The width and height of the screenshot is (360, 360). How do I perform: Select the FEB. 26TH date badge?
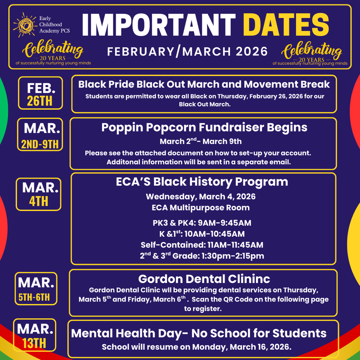click(x=40, y=93)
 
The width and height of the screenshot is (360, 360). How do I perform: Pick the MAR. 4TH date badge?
click(x=39, y=194)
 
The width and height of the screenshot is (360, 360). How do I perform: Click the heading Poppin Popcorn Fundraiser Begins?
click(x=204, y=127)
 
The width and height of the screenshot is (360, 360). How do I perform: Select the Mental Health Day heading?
click(x=199, y=333)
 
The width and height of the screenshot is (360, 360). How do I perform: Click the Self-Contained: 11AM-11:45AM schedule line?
click(x=202, y=245)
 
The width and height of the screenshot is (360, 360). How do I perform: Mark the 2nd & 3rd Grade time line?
click(x=202, y=256)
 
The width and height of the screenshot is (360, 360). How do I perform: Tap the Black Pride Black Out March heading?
click(x=204, y=84)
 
